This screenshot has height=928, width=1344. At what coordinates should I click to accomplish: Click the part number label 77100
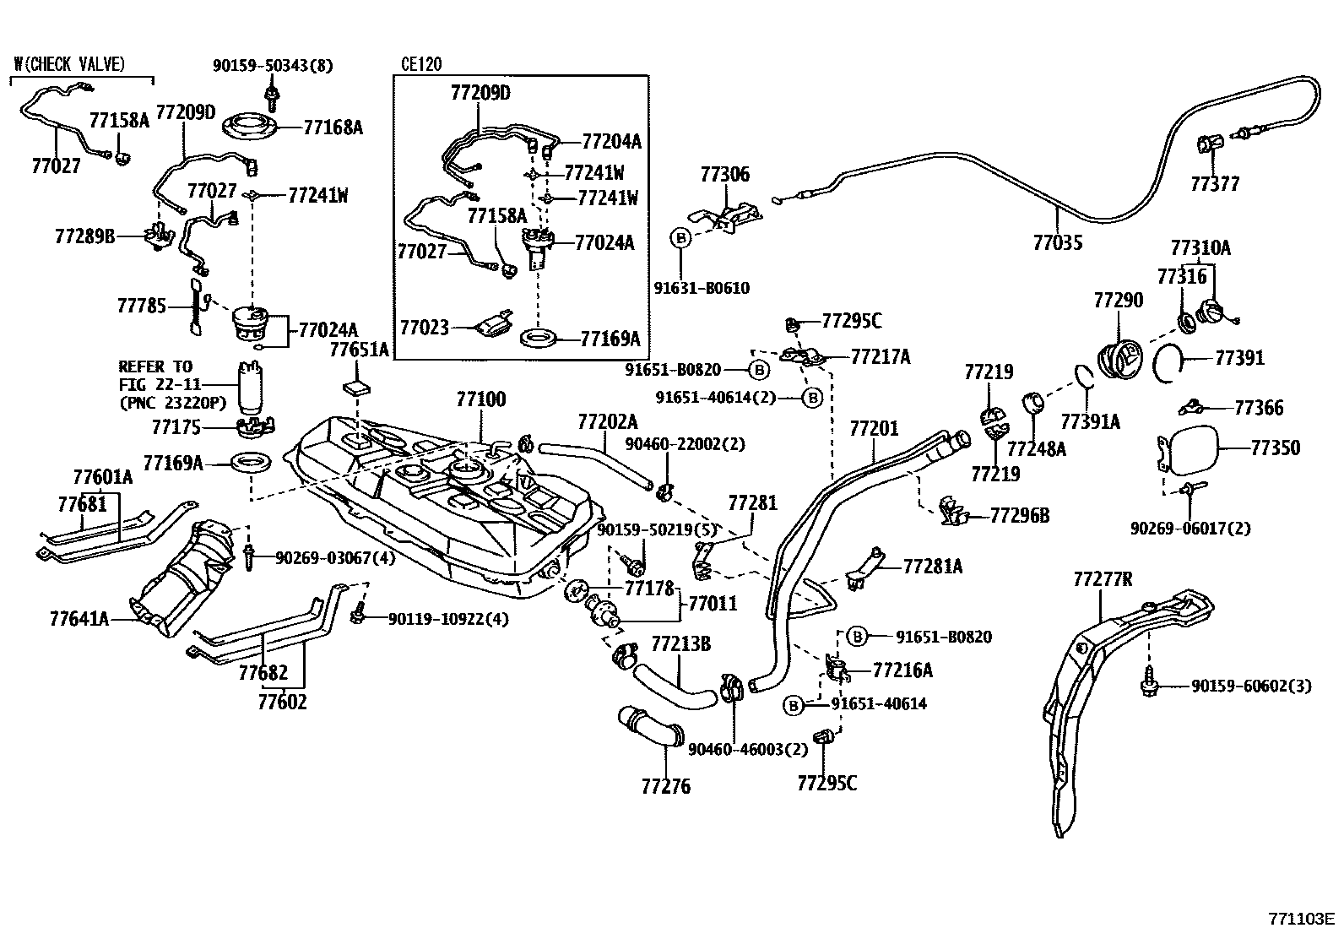[481, 399]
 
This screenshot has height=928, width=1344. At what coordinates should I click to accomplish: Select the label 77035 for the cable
[1058, 242]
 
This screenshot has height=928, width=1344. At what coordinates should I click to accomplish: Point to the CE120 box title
[421, 64]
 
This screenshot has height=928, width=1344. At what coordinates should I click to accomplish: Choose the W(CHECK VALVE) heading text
[69, 64]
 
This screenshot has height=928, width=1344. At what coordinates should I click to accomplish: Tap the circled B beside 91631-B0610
[681, 238]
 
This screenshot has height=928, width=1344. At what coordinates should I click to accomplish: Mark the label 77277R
[1103, 579]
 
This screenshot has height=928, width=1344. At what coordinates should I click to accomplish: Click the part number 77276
[666, 786]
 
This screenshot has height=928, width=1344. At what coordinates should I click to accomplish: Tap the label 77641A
[79, 619]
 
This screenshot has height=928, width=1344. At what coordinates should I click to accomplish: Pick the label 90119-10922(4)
[448, 619]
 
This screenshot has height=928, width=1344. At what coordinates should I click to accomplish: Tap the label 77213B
[681, 644]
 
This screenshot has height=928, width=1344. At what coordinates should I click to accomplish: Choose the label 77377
[1215, 184]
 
